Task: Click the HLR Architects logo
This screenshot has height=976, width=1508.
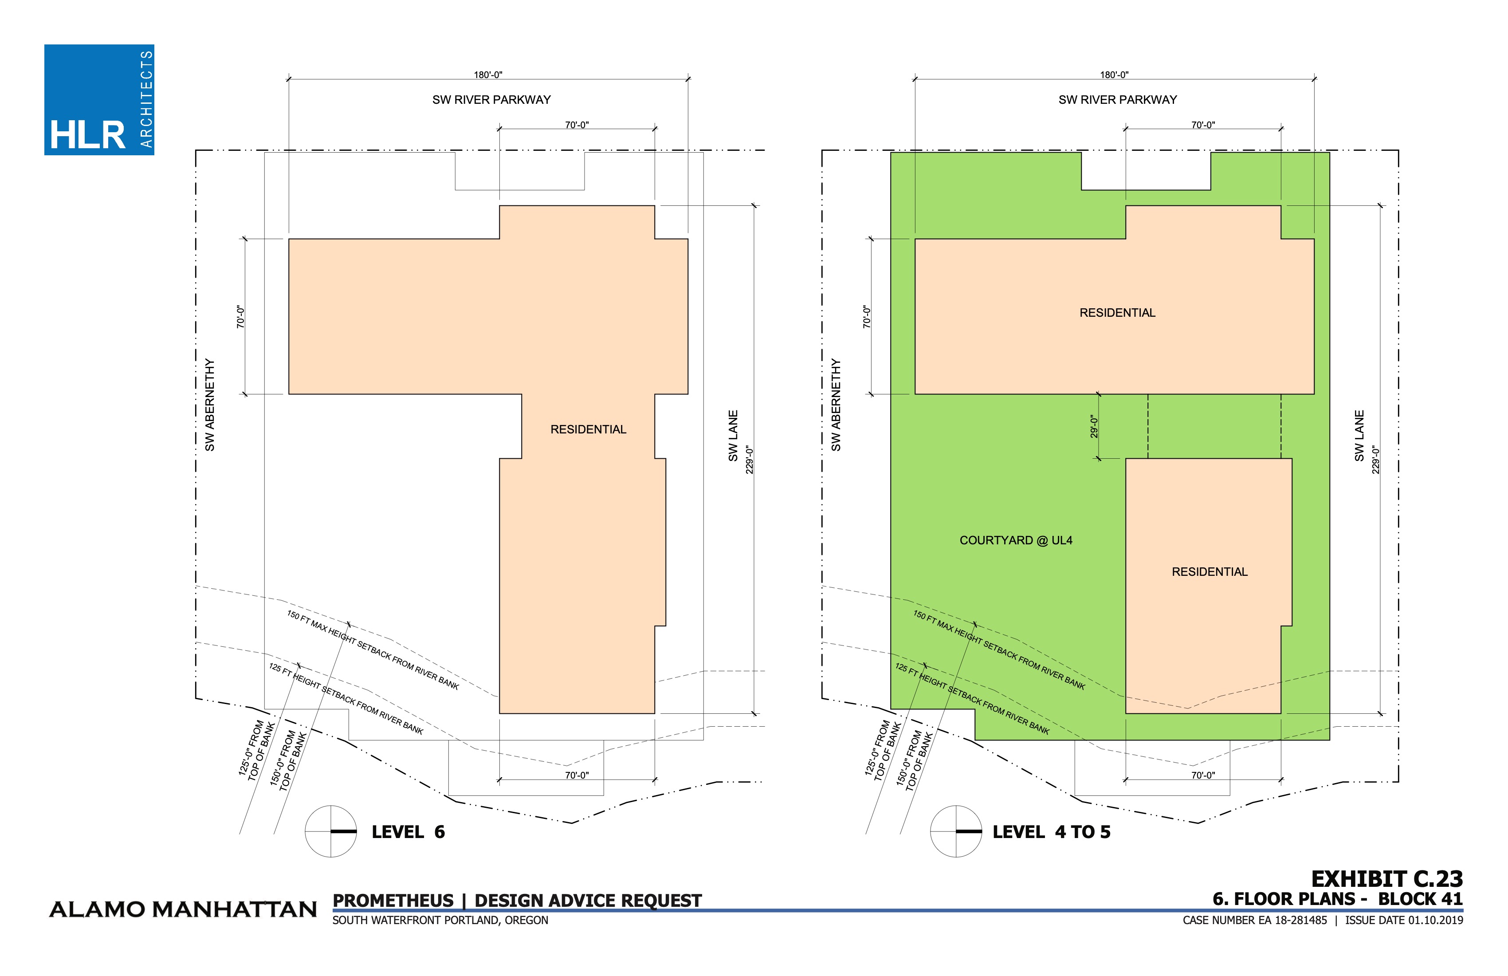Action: [99, 99]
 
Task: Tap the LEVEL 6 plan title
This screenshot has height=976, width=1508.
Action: [408, 832]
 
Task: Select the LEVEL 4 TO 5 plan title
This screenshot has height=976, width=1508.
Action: [1051, 832]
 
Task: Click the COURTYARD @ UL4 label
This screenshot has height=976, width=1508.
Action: [1016, 541]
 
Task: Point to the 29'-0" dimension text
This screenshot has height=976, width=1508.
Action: [1094, 426]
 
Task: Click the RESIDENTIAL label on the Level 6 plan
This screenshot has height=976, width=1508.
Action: [588, 430]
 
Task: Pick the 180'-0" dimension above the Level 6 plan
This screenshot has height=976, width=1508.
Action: [488, 75]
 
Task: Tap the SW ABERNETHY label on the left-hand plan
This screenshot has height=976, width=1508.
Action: [210, 405]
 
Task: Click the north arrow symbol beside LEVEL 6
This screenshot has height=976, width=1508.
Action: [331, 831]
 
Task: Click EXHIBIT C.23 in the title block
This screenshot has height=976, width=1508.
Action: [1387, 879]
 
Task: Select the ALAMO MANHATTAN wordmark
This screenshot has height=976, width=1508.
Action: [183, 910]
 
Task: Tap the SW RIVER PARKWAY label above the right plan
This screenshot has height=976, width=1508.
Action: [1118, 99]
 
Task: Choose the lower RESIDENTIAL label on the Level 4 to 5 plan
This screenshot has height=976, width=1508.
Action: [1210, 572]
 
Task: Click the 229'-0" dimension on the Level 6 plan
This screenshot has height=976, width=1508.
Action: [750, 460]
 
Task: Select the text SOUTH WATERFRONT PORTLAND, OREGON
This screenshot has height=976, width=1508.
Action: [440, 920]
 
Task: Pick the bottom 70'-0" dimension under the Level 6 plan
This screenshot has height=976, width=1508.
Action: [577, 775]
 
